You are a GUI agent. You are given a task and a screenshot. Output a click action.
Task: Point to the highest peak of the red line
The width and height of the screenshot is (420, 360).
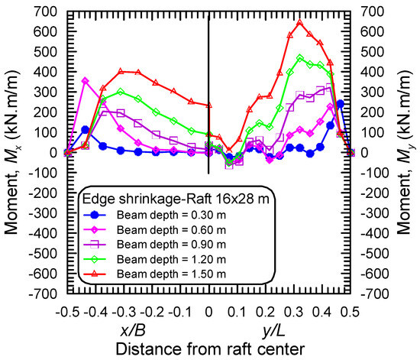(299, 21)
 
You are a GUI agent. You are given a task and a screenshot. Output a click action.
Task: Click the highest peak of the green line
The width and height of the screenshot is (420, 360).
(300, 57)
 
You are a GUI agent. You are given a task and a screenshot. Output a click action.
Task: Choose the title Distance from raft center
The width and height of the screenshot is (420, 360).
(208, 348)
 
